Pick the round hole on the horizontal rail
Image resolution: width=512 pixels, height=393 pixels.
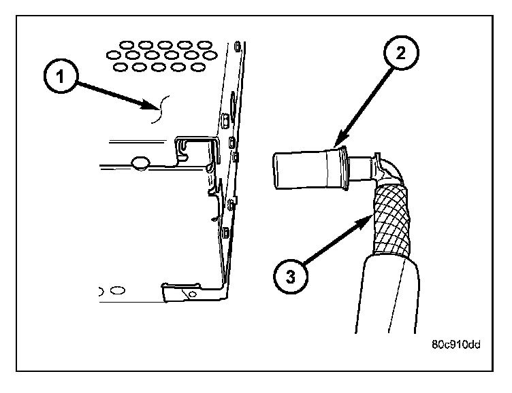(x=140, y=163)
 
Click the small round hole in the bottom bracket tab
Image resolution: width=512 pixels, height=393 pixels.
(x=193, y=294)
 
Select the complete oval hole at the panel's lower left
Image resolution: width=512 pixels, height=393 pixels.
(x=118, y=290)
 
